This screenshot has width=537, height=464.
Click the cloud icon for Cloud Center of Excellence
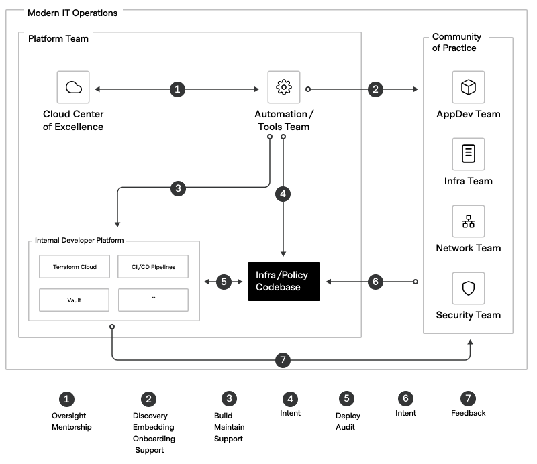coord(73,87)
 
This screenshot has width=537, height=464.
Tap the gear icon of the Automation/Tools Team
coord(283,87)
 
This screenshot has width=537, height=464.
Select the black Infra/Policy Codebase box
coord(283,282)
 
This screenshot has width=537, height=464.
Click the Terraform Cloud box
coord(75,267)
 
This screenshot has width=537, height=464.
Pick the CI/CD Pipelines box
coord(153,267)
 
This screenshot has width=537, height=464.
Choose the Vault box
coord(75,300)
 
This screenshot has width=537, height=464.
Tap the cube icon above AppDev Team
coord(468,87)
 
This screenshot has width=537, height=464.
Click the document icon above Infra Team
coord(468,154)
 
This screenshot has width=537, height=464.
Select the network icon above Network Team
coord(468,222)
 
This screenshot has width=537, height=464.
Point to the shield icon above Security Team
coord(468,288)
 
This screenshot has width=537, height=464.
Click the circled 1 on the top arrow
coord(177,89)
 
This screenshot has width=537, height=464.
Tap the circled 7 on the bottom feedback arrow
coord(283,360)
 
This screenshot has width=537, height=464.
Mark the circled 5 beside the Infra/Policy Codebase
coord(224,282)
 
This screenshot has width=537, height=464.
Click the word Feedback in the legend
coord(468,413)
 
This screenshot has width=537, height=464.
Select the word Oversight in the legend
coord(69,416)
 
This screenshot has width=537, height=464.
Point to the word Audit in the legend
coord(345,427)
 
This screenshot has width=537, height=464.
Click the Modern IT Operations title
coord(72,13)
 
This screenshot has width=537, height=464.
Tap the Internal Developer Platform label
coord(79,241)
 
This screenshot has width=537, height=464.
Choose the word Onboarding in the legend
coord(153,439)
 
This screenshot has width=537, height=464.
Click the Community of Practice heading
coord(456,42)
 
